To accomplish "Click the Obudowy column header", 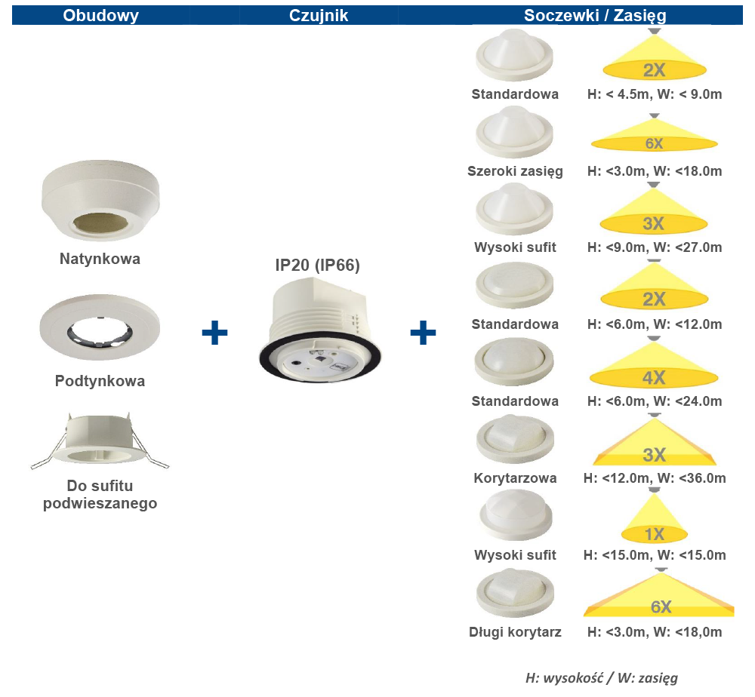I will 100,15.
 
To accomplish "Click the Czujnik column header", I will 319,15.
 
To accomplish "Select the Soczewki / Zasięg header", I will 596,15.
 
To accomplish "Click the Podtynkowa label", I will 100,381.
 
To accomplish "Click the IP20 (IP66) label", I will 317,265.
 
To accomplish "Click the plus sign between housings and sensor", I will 215,332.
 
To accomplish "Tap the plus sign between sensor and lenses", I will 423,332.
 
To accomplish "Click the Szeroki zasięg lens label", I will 515,171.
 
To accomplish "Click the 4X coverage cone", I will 654,368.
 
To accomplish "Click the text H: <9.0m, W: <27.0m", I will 654,247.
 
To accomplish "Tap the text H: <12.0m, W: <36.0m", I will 654,478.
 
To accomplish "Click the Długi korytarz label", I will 515,632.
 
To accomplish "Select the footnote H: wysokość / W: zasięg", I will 601,678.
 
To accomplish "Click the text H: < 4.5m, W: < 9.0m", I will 654,94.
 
